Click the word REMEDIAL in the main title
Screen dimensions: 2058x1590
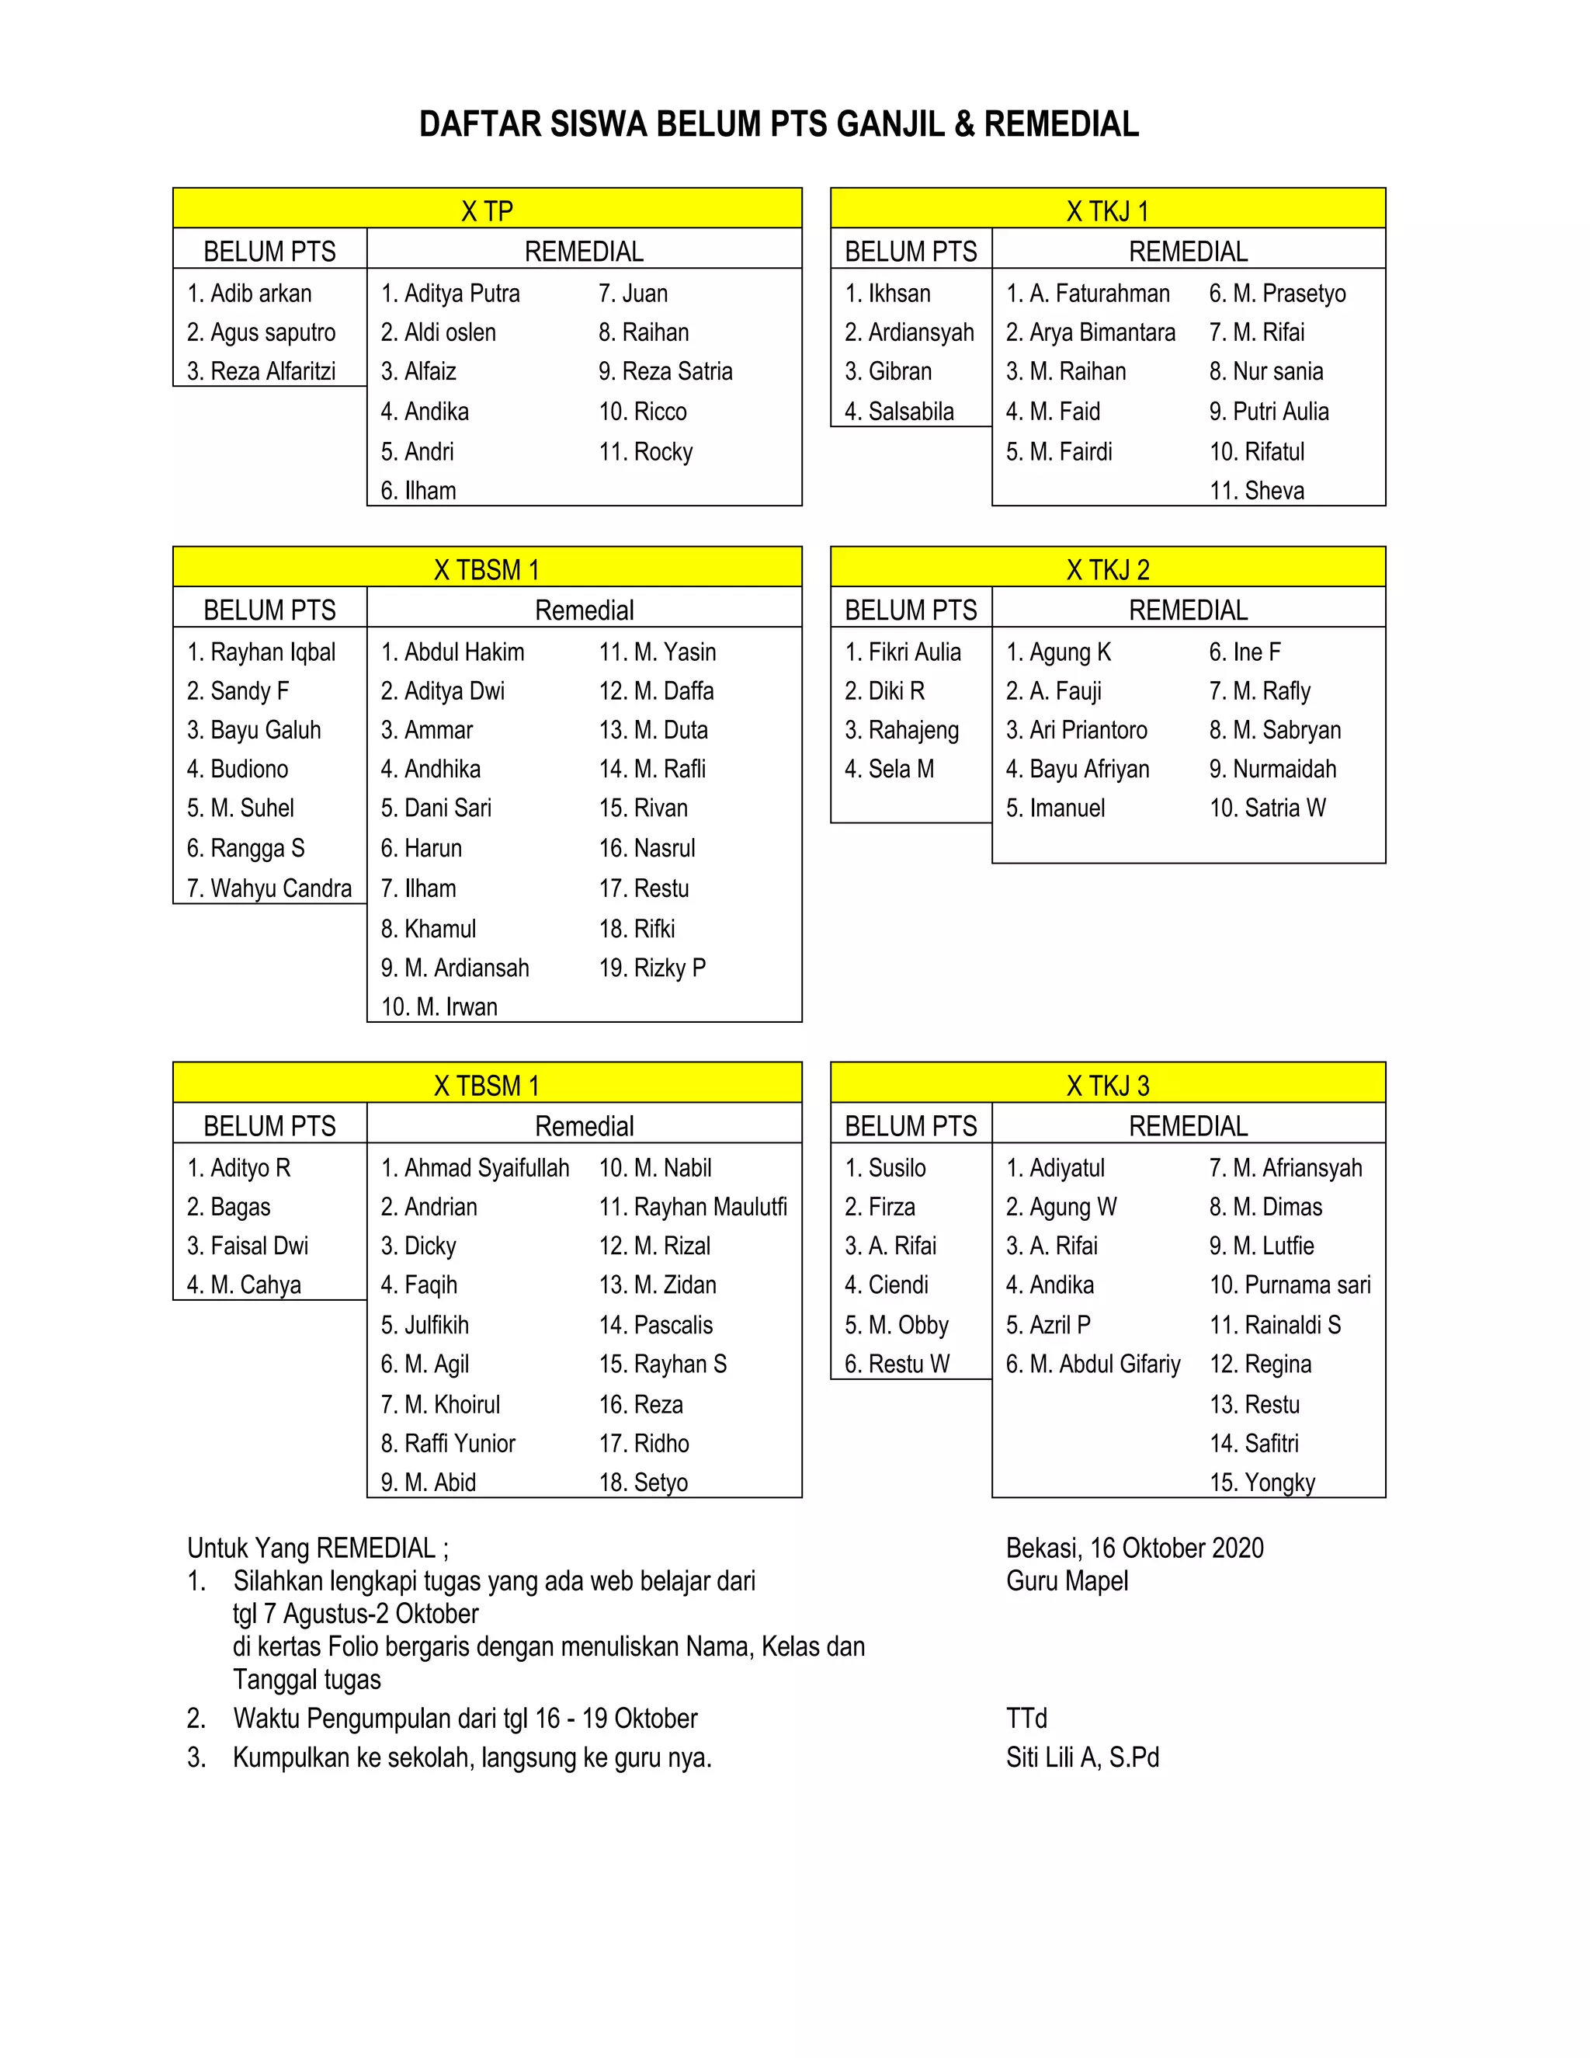(x=1061, y=124)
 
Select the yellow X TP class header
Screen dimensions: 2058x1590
(x=487, y=210)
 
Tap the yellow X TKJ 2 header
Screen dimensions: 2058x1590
(x=1108, y=569)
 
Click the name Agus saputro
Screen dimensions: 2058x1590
(x=273, y=332)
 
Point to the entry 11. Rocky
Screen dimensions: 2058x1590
(x=646, y=452)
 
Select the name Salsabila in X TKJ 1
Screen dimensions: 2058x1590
(x=910, y=412)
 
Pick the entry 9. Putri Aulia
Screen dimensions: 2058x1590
(x=1269, y=412)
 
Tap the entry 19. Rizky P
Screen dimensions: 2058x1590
(x=653, y=968)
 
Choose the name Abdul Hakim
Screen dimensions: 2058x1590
(x=463, y=652)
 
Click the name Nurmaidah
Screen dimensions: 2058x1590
(x=1284, y=769)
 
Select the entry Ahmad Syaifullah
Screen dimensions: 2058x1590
(x=486, y=1169)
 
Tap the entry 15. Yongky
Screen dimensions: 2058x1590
(x=1262, y=1483)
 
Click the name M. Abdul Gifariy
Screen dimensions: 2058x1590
(x=1104, y=1364)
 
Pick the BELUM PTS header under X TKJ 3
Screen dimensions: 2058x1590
(x=911, y=1126)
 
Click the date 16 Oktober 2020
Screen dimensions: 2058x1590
(x=1176, y=1549)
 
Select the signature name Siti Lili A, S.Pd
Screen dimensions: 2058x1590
(x=1082, y=1757)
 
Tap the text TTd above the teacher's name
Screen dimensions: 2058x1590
(x=1026, y=1718)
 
